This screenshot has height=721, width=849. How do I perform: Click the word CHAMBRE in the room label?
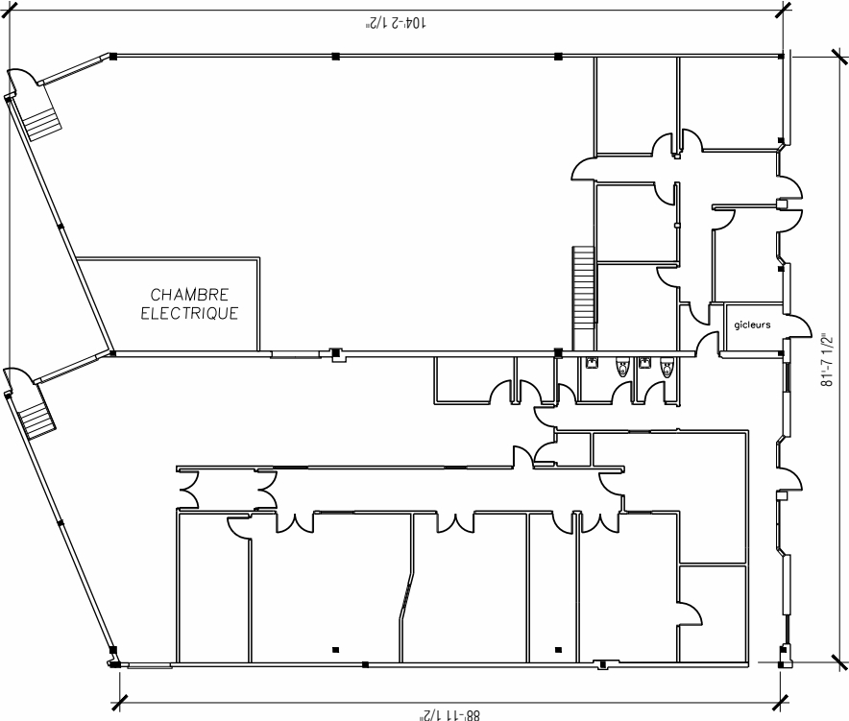[189, 295]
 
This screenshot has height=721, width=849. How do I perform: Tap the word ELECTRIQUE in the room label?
[189, 314]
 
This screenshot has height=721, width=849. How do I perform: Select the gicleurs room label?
[752, 325]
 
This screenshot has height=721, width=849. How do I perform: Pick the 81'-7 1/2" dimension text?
[825, 360]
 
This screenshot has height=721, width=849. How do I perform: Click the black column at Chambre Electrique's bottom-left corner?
[112, 353]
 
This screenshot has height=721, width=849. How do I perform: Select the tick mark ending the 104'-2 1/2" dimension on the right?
[783, 9]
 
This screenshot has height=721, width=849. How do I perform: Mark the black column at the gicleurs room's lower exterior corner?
[782, 354]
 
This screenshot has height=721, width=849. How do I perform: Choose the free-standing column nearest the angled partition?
[334, 650]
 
